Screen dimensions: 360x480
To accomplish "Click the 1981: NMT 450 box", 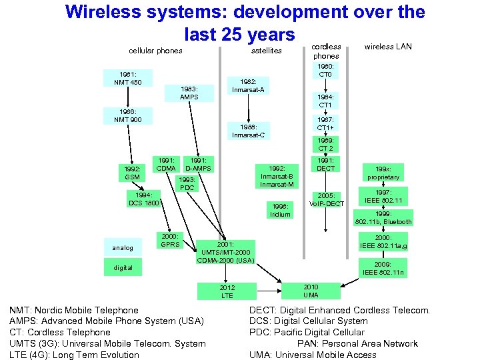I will tap(127, 78).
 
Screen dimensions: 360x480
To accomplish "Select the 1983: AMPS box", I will tap(189, 93).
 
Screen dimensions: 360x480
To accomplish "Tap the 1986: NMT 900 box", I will tap(127, 115).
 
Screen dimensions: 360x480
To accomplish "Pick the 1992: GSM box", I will tap(132, 173).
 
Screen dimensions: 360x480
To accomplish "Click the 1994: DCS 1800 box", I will tap(143, 199).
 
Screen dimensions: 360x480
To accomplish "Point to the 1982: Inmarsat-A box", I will tap(249, 86).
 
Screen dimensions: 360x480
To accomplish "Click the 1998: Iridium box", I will tap(280, 210).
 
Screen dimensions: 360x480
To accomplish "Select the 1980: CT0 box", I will tap(325, 70).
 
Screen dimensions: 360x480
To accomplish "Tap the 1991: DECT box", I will tap(325, 164).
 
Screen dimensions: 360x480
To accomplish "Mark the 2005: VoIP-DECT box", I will tap(325, 199).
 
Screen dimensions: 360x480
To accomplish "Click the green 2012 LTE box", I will tap(227, 291).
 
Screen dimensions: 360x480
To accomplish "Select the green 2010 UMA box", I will tap(311, 291).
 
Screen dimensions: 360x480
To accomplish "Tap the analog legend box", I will tap(123, 247).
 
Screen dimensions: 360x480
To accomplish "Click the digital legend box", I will tap(123, 267).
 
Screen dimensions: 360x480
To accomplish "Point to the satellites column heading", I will tap(267, 51).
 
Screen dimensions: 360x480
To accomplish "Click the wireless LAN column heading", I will tap(387, 47).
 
